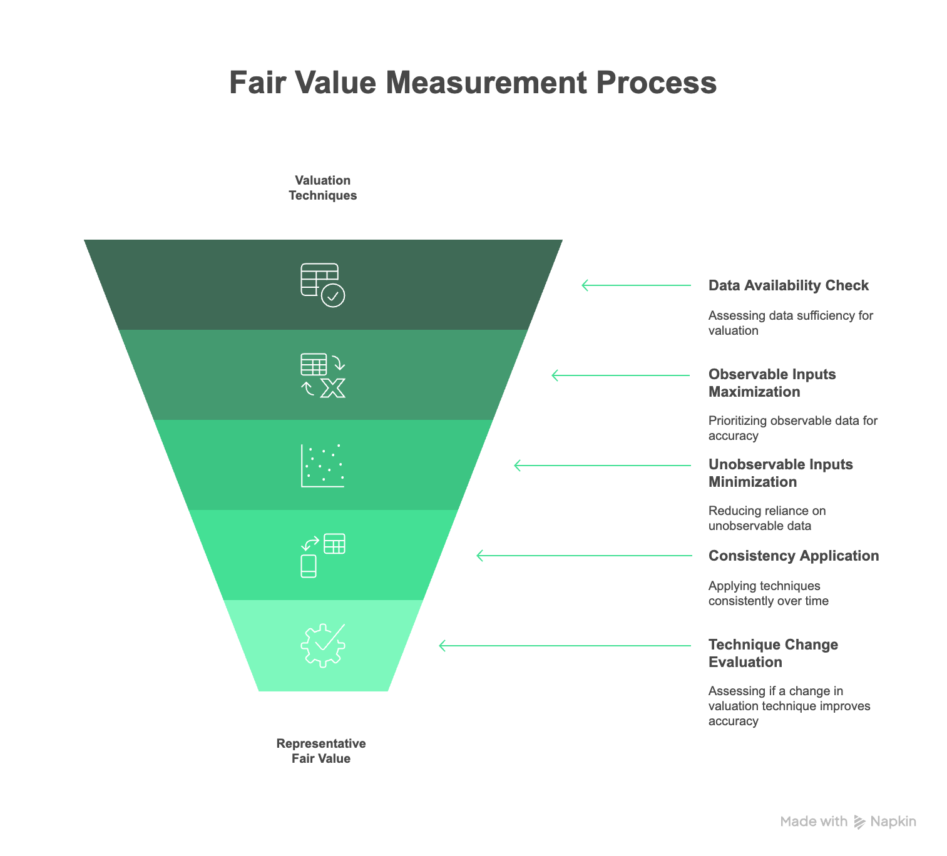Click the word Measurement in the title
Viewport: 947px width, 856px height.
(487, 83)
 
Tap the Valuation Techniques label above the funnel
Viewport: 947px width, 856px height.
(323, 188)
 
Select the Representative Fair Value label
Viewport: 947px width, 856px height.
(321, 751)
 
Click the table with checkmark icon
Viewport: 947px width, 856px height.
(323, 285)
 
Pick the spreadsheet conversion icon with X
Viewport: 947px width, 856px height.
(323, 375)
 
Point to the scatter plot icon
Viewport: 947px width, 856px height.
(323, 466)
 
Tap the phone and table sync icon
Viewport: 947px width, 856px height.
(323, 556)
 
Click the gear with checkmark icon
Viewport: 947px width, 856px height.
(323, 645)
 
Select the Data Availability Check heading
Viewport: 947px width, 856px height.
(789, 286)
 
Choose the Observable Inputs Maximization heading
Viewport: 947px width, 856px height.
(772, 383)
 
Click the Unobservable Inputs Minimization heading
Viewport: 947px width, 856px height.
(781, 473)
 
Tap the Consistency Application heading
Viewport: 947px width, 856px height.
(794, 556)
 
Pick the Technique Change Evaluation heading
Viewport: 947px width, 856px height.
(773, 653)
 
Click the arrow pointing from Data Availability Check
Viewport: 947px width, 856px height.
(637, 285)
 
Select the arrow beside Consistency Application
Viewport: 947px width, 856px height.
(585, 556)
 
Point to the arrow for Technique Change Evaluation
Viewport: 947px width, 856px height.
(565, 645)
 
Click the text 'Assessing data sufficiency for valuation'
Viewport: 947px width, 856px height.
(791, 323)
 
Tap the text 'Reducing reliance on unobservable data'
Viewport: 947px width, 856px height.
(767, 518)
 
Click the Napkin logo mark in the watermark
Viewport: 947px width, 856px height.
(859, 822)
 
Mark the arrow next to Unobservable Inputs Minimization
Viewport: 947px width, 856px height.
(602, 466)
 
